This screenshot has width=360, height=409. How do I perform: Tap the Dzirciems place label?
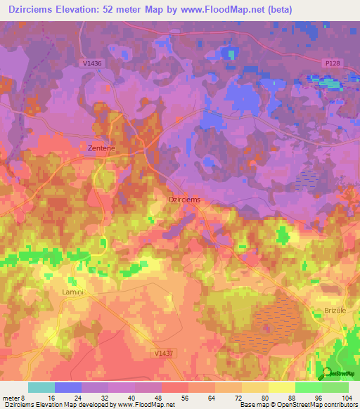pos(185,200)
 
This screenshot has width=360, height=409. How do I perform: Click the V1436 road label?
pos(92,64)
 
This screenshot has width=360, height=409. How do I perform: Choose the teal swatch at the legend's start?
pos(41,387)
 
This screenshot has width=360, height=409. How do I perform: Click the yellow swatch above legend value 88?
pos(281,387)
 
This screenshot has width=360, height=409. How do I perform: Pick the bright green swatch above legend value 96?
pos(308,387)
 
